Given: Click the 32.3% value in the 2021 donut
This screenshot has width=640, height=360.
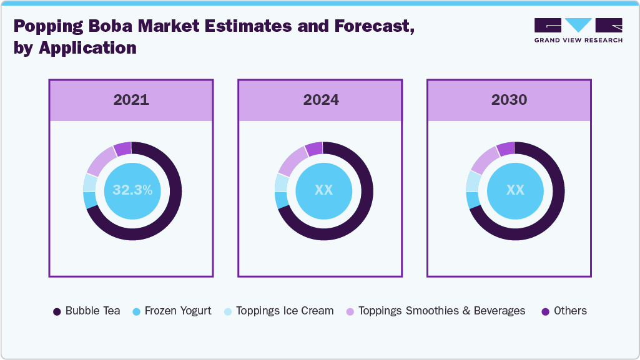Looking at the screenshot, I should click(x=132, y=190).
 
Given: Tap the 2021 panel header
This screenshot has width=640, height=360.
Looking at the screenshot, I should click(x=131, y=100).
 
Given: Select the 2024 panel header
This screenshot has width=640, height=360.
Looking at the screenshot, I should click(x=321, y=100).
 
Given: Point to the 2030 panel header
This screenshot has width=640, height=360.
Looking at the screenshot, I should click(x=509, y=100).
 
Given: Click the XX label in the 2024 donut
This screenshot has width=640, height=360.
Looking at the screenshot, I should click(x=323, y=190).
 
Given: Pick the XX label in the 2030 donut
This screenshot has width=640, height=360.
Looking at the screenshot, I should click(x=515, y=190).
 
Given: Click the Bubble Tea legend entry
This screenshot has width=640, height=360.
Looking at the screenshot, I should click(x=87, y=311).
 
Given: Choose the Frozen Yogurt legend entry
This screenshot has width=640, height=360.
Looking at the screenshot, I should click(x=172, y=311).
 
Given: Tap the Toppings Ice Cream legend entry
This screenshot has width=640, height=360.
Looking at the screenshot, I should click(x=278, y=311).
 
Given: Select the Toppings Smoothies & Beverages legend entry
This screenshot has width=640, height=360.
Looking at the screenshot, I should click(x=435, y=311).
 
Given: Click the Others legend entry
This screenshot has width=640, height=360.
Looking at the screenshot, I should click(x=564, y=311).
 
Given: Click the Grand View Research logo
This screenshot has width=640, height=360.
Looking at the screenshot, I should click(x=578, y=30).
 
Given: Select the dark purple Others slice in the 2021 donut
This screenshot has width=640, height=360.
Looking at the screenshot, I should click(x=123, y=148).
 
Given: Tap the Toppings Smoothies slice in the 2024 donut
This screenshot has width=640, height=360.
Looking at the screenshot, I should click(x=289, y=162).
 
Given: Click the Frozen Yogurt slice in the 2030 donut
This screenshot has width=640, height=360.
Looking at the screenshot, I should click(x=473, y=200).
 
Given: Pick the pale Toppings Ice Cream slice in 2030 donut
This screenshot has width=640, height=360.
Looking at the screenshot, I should click(x=472, y=181).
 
